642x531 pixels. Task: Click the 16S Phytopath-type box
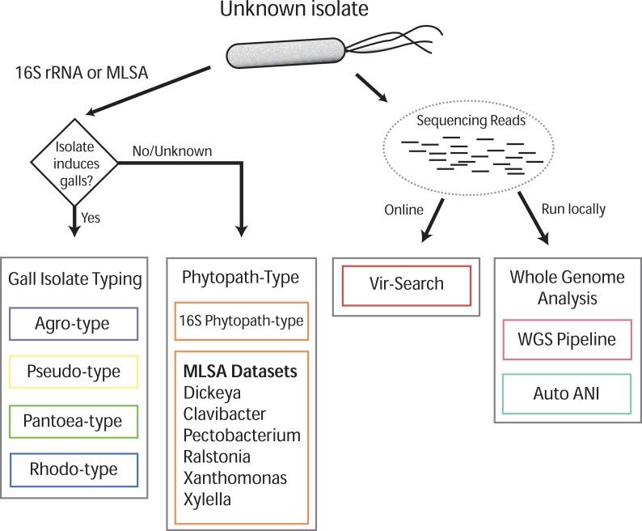[241, 321]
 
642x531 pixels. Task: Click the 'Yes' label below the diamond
[91, 217]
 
